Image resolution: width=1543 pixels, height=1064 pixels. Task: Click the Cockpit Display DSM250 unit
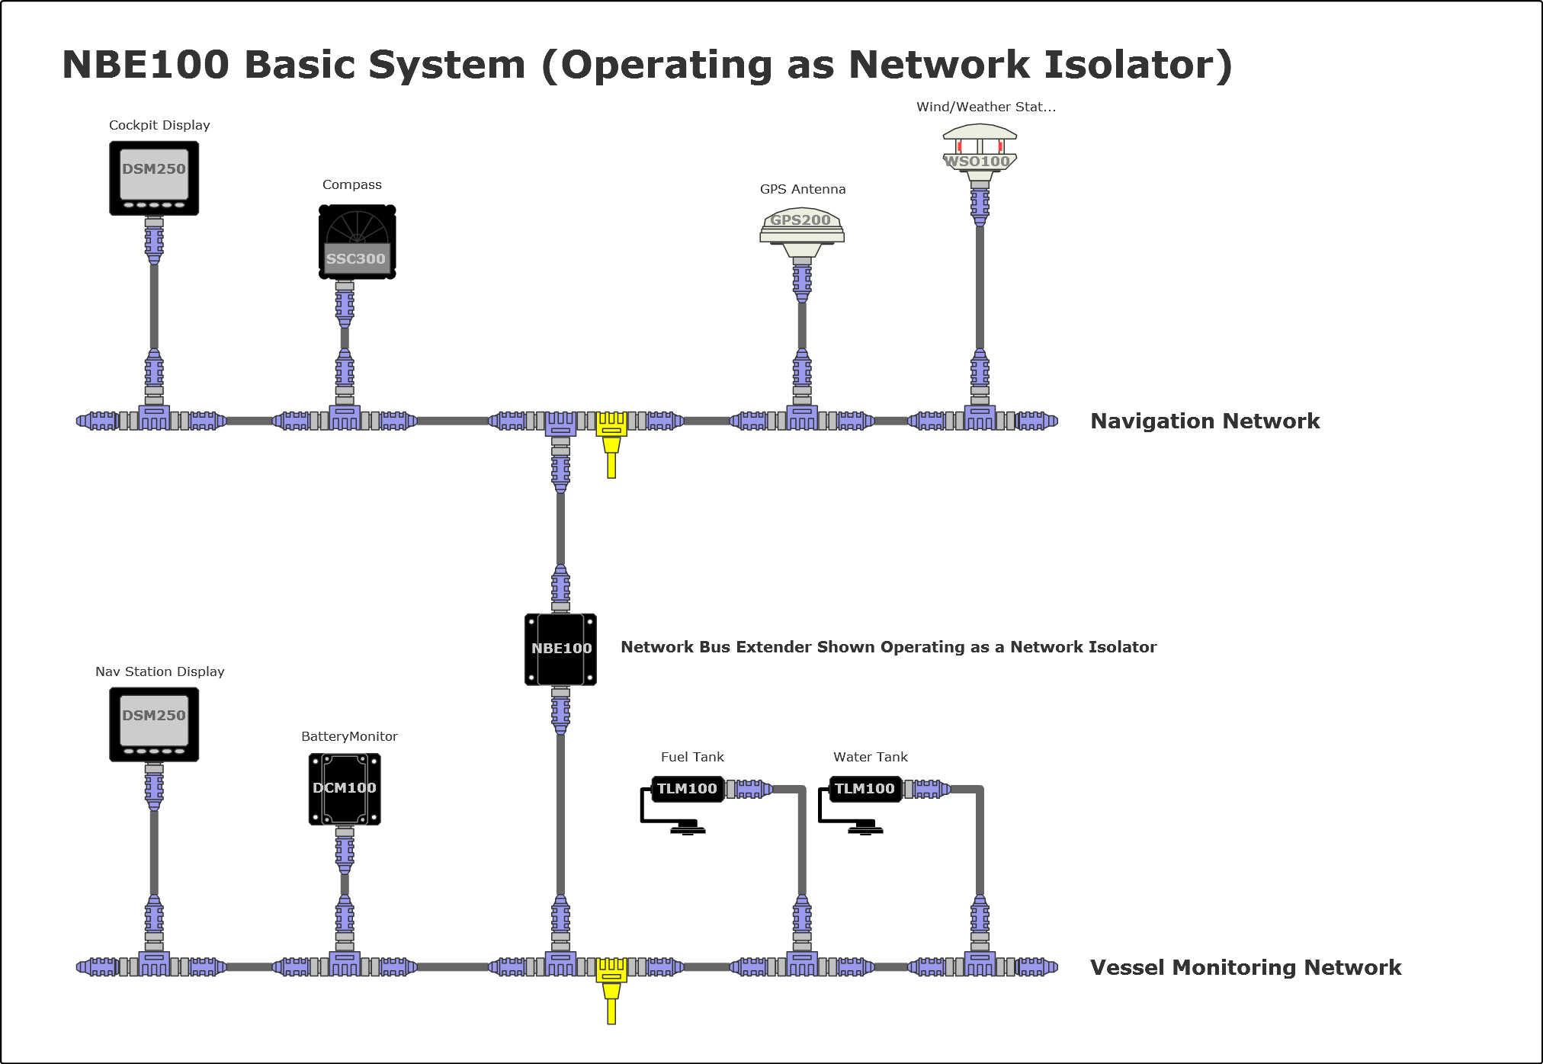(x=154, y=178)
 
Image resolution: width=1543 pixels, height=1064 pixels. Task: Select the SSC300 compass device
(x=357, y=242)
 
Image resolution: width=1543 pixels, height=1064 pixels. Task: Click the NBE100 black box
(x=560, y=649)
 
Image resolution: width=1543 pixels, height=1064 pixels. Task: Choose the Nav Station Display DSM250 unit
(x=154, y=724)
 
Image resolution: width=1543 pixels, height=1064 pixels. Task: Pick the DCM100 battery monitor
(x=345, y=789)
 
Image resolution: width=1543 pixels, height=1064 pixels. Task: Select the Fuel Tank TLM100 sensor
(x=686, y=789)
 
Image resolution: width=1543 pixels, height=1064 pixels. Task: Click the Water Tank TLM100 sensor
(x=864, y=789)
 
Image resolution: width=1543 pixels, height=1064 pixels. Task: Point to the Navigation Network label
(x=1205, y=421)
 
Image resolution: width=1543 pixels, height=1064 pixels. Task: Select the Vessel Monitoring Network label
(x=1246, y=967)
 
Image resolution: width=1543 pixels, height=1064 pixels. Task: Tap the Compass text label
(x=351, y=184)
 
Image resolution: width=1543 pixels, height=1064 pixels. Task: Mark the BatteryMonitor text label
(x=349, y=736)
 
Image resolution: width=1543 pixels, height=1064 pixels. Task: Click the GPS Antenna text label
(x=803, y=189)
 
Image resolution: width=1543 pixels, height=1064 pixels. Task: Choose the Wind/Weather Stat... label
(x=986, y=107)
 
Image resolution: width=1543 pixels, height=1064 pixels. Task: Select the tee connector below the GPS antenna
(x=802, y=418)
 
